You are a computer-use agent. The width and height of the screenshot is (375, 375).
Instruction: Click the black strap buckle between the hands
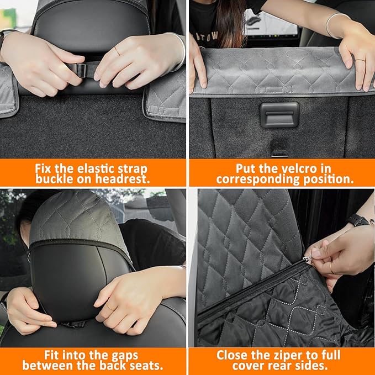point(78,71)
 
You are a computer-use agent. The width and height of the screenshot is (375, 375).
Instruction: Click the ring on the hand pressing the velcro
point(359,60)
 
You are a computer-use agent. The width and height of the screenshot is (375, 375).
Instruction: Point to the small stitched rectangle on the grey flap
point(279,89)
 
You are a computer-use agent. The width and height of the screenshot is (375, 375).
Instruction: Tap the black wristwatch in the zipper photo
point(358,220)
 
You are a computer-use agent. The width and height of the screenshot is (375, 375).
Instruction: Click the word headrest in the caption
point(124,179)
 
